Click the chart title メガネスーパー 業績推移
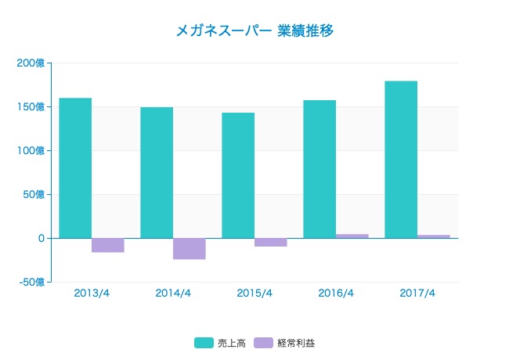point(255,31)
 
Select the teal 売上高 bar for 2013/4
point(75,167)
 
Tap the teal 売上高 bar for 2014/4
point(157,172)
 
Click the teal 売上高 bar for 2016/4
point(319,168)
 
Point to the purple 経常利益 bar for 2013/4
point(108,245)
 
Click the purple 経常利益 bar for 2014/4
point(190,248)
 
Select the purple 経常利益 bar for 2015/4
point(271,242)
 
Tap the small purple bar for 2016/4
point(352,236)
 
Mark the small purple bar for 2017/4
point(434,236)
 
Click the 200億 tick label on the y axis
point(31,63)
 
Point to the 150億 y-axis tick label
point(31,106)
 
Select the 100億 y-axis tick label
point(31,150)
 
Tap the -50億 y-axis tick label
point(31,282)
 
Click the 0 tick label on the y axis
point(41,238)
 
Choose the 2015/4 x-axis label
point(254,293)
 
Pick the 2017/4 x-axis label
point(417,293)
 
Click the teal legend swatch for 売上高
point(204,343)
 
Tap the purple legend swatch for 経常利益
point(264,343)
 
